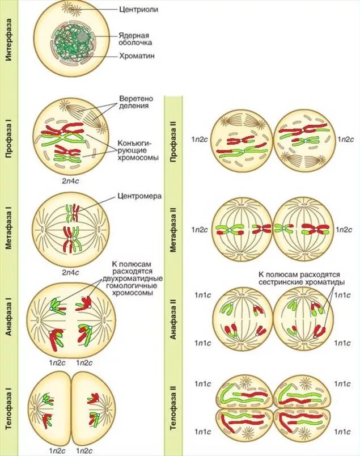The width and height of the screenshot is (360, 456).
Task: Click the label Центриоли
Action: click(139, 10)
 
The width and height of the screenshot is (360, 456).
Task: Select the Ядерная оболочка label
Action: click(135, 38)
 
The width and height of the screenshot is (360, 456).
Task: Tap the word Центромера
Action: click(140, 196)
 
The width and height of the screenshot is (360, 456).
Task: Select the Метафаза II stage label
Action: click(175, 228)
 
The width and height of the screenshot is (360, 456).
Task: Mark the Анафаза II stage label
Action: click(175, 320)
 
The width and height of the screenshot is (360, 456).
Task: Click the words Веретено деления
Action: click(134, 102)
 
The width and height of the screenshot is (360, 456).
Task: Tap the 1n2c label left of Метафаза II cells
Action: click(200, 230)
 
